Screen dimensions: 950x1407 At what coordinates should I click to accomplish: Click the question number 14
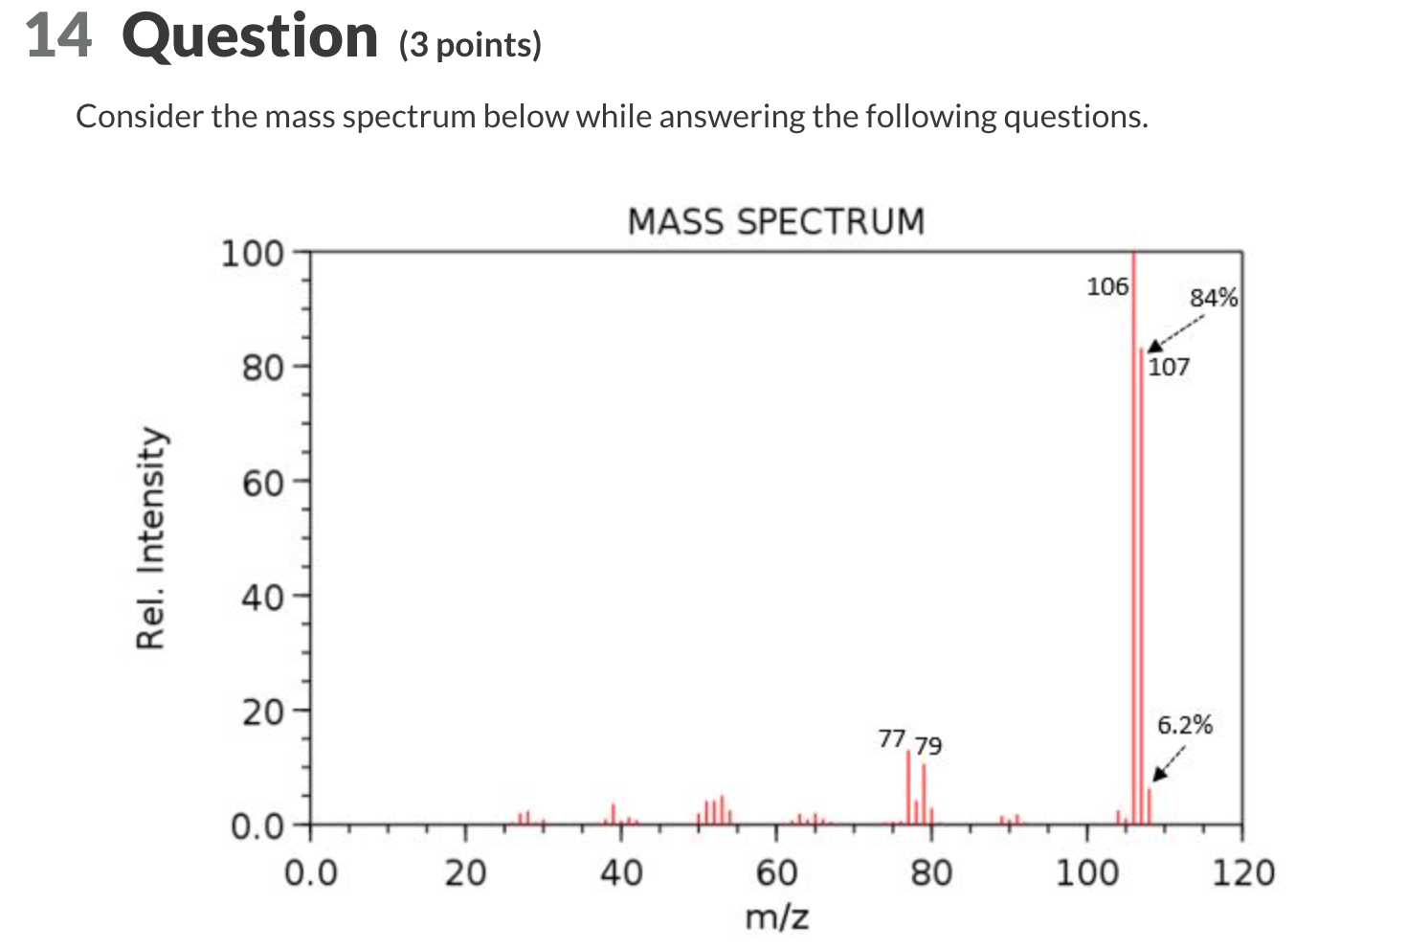tap(59, 36)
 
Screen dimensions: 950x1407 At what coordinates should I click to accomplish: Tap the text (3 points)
tap(470, 45)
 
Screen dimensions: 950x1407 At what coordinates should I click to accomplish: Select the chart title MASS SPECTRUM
tap(776, 221)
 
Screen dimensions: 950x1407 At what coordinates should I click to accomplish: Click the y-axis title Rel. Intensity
tap(151, 538)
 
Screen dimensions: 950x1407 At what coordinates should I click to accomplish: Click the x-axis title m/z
tap(776, 916)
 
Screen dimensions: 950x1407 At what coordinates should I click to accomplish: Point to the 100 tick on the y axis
tap(254, 254)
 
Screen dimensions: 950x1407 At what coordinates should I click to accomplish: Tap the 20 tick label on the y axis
tap(262, 712)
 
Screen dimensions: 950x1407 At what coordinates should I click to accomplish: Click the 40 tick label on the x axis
tap(620, 872)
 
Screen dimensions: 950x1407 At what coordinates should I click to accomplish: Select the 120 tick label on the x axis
tap(1242, 872)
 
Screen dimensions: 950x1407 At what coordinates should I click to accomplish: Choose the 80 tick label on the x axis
tap(931, 872)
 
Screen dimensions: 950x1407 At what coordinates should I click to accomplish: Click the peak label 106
tap(1107, 285)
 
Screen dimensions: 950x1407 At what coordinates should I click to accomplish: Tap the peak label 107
tap(1169, 367)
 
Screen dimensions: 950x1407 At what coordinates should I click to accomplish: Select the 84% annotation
tap(1214, 298)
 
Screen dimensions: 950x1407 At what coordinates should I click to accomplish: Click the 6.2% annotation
tap(1185, 725)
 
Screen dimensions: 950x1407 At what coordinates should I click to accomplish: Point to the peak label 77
tap(891, 738)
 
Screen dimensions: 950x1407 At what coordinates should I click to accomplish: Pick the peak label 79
tap(927, 745)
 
